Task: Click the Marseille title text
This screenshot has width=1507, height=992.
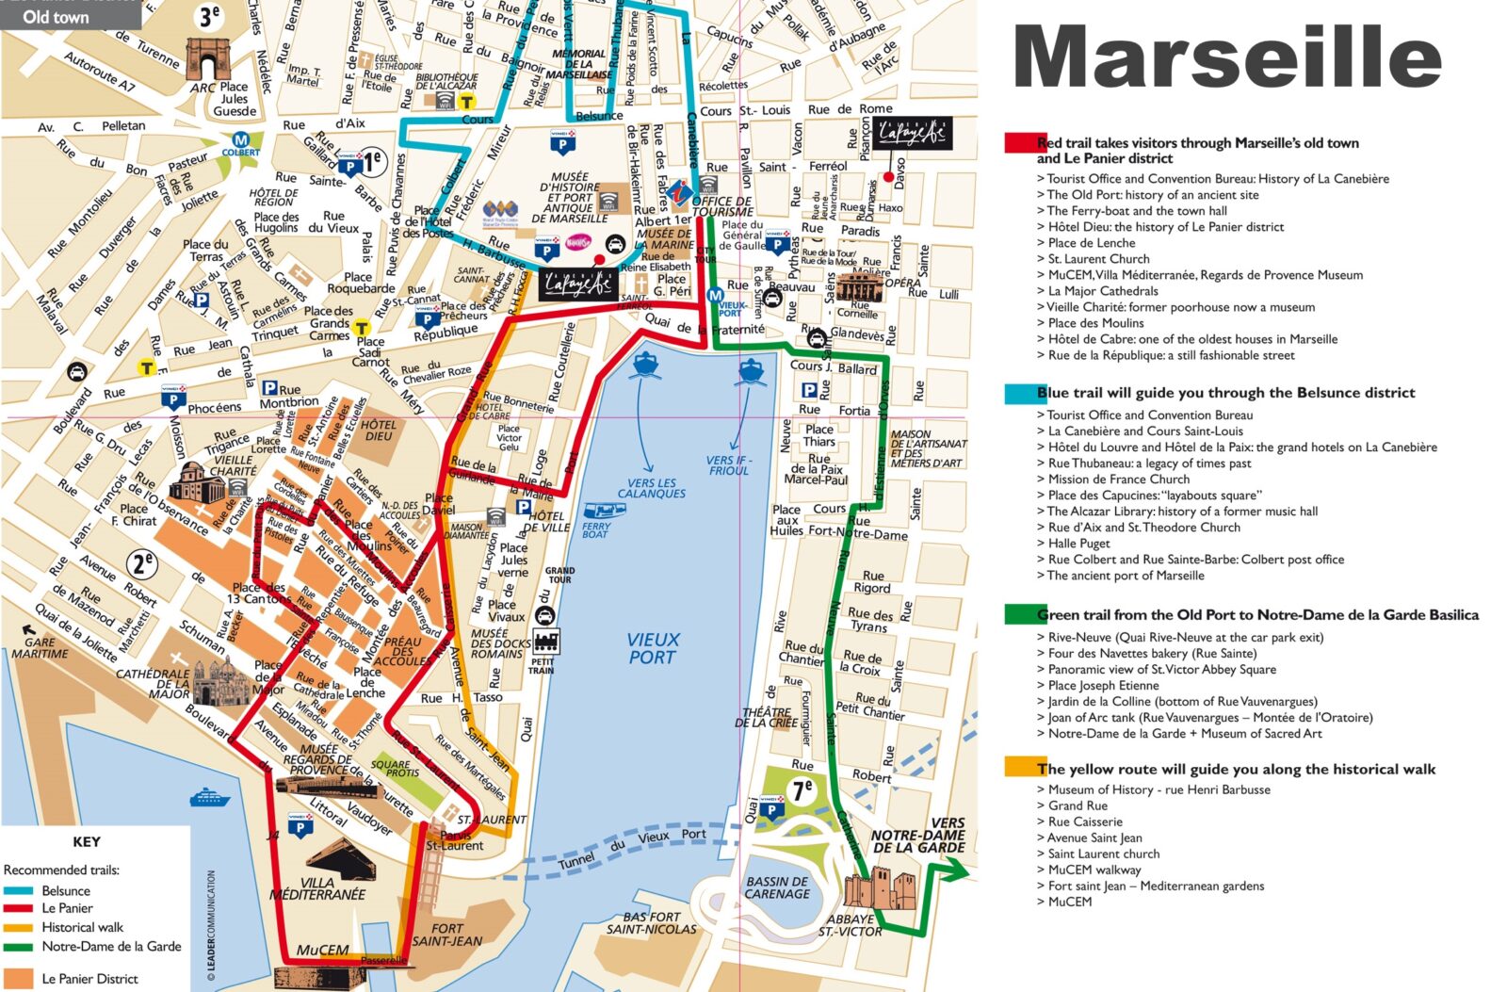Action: [x=1226, y=58]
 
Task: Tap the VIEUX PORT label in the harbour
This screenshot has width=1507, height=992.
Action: [x=653, y=648]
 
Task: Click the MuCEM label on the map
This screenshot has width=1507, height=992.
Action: [x=322, y=950]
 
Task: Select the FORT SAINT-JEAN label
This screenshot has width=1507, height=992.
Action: [x=446, y=934]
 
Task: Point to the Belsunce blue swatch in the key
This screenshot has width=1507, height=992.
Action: [x=18, y=890]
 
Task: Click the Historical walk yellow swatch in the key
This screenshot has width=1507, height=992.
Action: [x=18, y=928]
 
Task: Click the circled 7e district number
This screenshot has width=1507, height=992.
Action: [x=802, y=790]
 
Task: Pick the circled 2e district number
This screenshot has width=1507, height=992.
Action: [x=142, y=563]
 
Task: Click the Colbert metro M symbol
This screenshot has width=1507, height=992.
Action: [x=240, y=140]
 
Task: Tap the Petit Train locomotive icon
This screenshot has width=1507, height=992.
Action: [x=545, y=642]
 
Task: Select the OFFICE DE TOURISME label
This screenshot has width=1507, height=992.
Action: [x=721, y=205]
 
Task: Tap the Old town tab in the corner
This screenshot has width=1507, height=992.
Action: [x=57, y=16]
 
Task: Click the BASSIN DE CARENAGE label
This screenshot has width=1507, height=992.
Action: [x=777, y=887]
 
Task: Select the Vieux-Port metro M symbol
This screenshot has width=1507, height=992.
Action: [x=715, y=295]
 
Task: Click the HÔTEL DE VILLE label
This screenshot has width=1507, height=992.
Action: [x=546, y=521]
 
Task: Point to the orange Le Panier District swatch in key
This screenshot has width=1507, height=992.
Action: [x=18, y=979]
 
